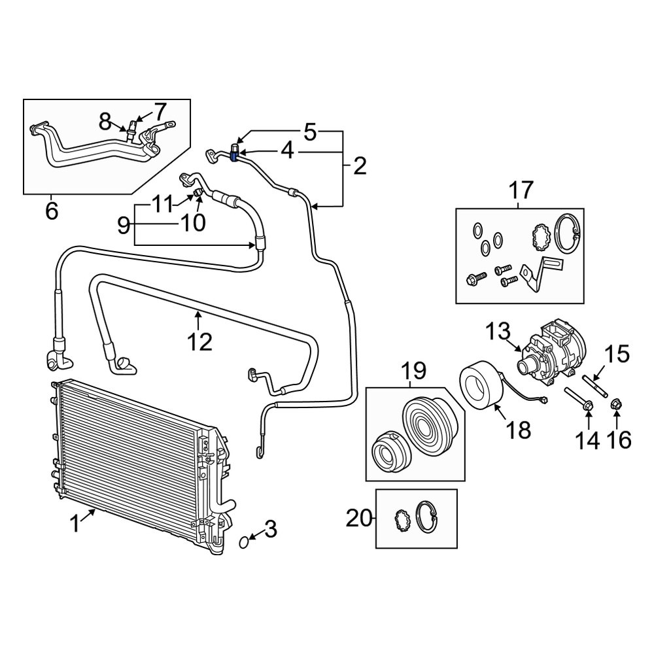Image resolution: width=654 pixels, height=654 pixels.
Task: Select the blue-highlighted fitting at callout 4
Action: coord(234,155)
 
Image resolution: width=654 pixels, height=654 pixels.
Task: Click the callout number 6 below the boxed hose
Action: coord(51,211)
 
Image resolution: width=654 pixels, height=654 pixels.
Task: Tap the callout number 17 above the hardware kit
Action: coord(521,191)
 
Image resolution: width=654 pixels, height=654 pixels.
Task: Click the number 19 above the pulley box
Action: coord(413,371)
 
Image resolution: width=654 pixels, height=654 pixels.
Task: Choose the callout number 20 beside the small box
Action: coord(358,519)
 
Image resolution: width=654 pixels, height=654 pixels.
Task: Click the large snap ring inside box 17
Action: coord(566,233)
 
